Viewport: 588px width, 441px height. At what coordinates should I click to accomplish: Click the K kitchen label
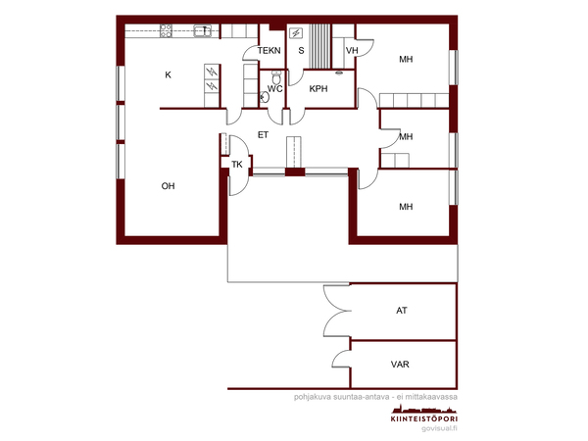[168, 75]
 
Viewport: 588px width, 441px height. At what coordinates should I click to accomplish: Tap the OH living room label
[168, 186]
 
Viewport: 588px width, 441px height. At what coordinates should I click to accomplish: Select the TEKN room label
[269, 51]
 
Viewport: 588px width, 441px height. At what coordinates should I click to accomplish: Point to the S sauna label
[301, 51]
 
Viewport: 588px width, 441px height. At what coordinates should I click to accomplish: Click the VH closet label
[352, 51]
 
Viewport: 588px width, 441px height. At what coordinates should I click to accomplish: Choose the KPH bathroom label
[318, 89]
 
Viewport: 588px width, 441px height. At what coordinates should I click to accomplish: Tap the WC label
[274, 89]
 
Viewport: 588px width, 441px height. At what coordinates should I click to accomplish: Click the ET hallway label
[263, 135]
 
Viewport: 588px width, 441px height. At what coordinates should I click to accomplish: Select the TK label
[237, 165]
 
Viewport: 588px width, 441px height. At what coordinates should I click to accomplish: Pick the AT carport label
[402, 311]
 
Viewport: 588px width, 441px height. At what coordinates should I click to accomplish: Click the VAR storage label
[400, 365]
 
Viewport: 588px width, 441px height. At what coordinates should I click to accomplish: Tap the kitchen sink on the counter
[203, 30]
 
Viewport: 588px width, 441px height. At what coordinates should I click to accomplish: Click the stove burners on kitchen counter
[167, 30]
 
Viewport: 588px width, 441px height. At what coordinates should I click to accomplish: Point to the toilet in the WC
[276, 77]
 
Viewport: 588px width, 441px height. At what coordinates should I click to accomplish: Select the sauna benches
[320, 46]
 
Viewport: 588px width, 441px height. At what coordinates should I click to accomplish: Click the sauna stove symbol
[296, 33]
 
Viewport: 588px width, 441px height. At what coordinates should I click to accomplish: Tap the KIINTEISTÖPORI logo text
[424, 418]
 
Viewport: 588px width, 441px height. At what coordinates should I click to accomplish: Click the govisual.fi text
[439, 428]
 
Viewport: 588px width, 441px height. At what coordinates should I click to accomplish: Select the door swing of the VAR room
[341, 359]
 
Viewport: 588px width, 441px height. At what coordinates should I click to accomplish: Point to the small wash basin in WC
[265, 97]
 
